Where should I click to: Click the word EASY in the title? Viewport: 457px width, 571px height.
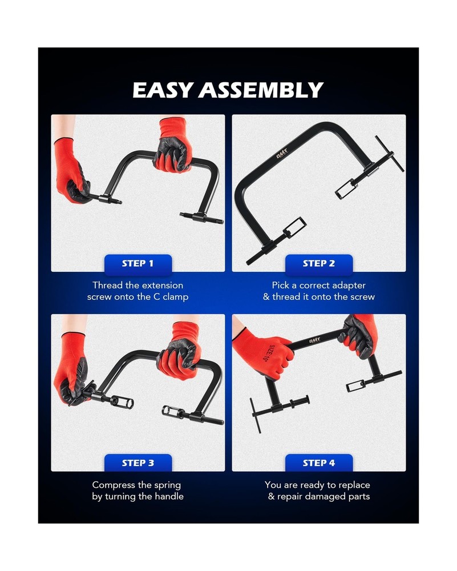tap(161, 90)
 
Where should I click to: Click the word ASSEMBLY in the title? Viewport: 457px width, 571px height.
tap(261, 90)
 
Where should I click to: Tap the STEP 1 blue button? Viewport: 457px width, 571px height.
tap(138, 264)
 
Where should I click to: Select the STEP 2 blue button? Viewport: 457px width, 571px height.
tap(319, 264)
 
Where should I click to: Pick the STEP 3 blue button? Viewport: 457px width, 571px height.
tap(138, 463)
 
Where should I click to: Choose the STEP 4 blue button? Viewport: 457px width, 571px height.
tap(319, 463)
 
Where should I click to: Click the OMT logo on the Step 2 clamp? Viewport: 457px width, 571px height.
tap(281, 154)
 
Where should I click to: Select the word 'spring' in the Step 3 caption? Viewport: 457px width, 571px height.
tap(167, 485)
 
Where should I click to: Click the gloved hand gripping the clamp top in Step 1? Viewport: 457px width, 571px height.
tap(173, 146)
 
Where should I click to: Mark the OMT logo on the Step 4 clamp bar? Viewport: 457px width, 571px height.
tap(314, 341)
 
